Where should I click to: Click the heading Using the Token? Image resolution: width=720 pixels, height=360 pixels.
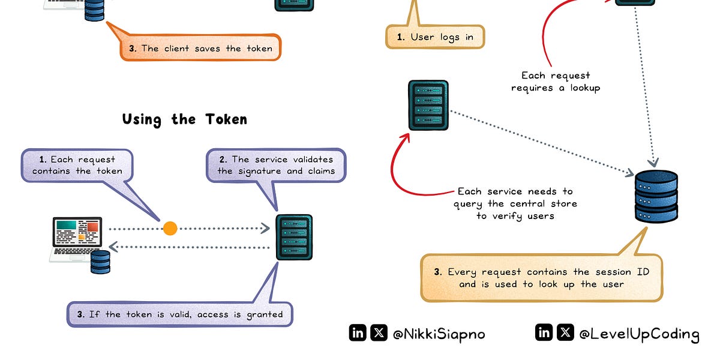[185, 119]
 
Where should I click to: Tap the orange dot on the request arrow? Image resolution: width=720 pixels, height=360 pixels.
[170, 228]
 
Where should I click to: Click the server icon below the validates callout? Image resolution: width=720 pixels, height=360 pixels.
[294, 237]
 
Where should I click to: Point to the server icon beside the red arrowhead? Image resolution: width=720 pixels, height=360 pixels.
[428, 105]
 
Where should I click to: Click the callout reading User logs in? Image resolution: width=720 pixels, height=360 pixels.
[434, 37]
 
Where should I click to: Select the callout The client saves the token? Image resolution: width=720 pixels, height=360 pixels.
[200, 49]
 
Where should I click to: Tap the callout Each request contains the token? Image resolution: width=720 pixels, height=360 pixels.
[77, 166]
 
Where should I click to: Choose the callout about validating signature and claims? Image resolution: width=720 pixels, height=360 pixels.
[276, 166]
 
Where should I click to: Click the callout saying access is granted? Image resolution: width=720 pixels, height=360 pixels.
[180, 314]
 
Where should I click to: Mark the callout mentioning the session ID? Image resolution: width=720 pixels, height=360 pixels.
[541, 278]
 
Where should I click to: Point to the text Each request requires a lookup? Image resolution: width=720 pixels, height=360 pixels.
[556, 82]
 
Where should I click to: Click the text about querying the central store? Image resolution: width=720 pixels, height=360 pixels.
[515, 203]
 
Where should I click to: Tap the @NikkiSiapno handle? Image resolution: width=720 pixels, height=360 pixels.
[439, 334]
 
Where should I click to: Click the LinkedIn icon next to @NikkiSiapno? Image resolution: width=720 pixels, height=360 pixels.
[358, 333]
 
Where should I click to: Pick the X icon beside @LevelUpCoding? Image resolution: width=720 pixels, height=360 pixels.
[565, 332]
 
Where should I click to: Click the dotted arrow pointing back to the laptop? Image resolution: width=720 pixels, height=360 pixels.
[192, 247]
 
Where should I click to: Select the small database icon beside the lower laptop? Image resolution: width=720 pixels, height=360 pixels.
[101, 262]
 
